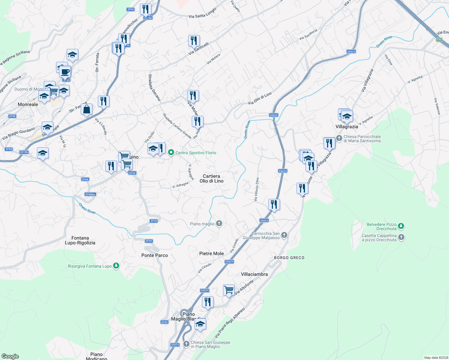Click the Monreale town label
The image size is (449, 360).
coord(28,104)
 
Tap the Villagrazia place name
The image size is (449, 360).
coord(347,127)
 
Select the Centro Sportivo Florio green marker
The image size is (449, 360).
coord(171,153)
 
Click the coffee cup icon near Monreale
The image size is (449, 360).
coord(65,72)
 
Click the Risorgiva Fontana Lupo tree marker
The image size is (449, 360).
coord(116,266)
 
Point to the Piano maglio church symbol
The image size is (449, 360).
coord(219,223)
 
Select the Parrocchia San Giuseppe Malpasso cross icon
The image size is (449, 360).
coord(284,235)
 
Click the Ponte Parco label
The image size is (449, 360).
coord(155,255)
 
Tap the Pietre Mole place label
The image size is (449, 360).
coord(212,253)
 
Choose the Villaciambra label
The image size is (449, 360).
coord(254,274)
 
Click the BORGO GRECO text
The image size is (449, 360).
coord(289,258)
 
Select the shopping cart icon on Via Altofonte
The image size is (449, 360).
coord(229,290)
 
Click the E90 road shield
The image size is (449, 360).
coord(439,40)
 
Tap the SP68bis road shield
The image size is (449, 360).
coord(90,194)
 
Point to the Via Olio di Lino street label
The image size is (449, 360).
coord(260,98)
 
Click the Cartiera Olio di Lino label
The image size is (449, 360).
coord(212,178)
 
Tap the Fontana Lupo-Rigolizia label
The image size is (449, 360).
coord(80,240)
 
